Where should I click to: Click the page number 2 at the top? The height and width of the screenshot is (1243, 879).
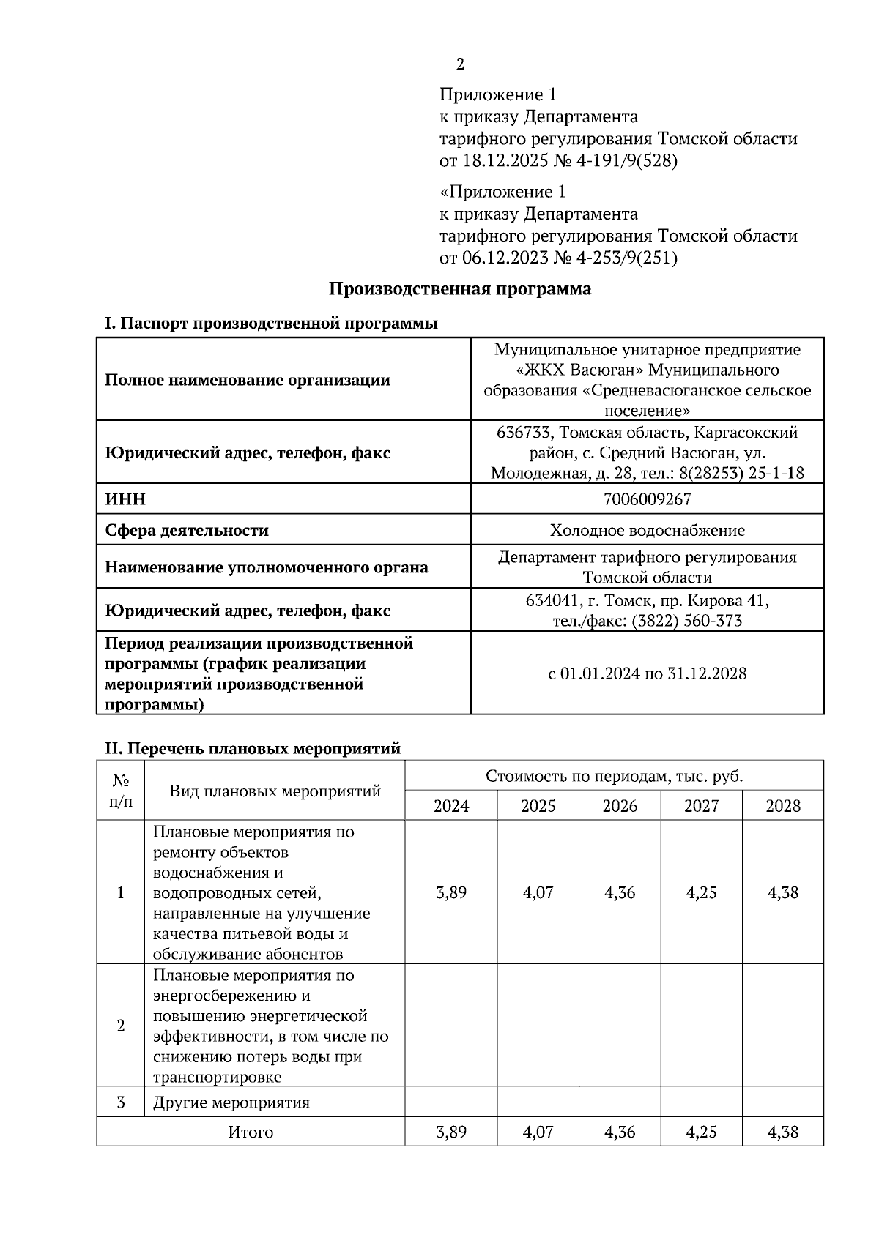[x=460, y=64]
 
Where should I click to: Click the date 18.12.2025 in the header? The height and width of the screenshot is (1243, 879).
[x=505, y=160]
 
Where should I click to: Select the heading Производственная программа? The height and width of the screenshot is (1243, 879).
[x=460, y=288]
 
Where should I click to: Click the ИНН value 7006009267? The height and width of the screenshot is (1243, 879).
[x=647, y=499]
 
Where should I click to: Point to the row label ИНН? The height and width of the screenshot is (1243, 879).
[x=125, y=499]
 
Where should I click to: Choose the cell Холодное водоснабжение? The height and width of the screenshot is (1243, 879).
[x=647, y=530]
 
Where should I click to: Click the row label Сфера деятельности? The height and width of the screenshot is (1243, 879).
[x=187, y=530]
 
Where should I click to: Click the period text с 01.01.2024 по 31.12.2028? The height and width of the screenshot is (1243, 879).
[x=647, y=673]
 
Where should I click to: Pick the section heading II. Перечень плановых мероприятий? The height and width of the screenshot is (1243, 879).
[x=253, y=748]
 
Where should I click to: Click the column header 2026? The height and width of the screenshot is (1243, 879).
[x=620, y=806]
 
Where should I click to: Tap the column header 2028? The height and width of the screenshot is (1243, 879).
[x=783, y=806]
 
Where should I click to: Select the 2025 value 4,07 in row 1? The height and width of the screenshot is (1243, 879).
[x=538, y=892]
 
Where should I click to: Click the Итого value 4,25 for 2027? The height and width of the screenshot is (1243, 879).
[x=701, y=1132]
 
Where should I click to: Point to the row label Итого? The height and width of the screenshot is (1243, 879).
[x=251, y=1132]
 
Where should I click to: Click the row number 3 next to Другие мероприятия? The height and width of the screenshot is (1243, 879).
[x=121, y=1102]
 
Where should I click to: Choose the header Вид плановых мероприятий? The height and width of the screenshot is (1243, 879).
[x=275, y=791]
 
